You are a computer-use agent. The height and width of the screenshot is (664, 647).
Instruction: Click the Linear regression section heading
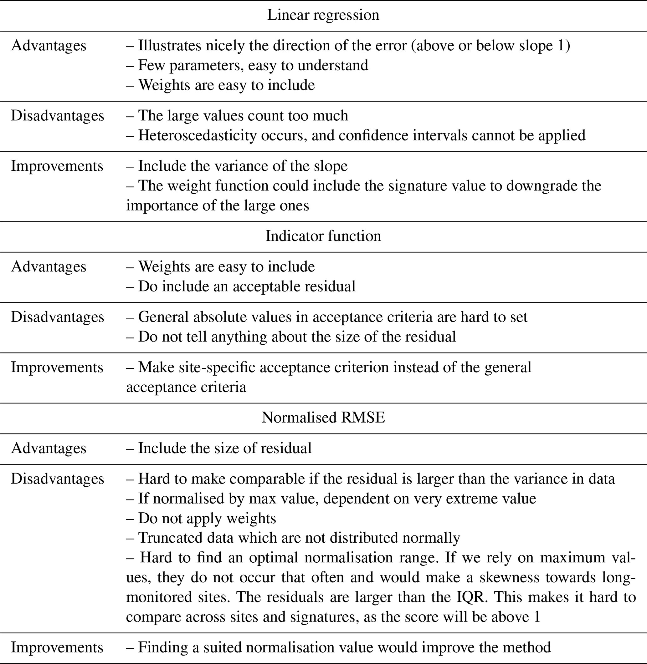(x=323, y=15)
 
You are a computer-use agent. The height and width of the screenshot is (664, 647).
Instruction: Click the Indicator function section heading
(x=323, y=236)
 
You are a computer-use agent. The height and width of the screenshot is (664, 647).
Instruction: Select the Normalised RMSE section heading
(x=323, y=418)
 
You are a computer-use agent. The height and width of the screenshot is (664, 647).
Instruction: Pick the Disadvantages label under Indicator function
(x=57, y=317)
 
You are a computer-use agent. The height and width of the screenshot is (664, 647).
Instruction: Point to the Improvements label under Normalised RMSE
(x=57, y=647)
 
